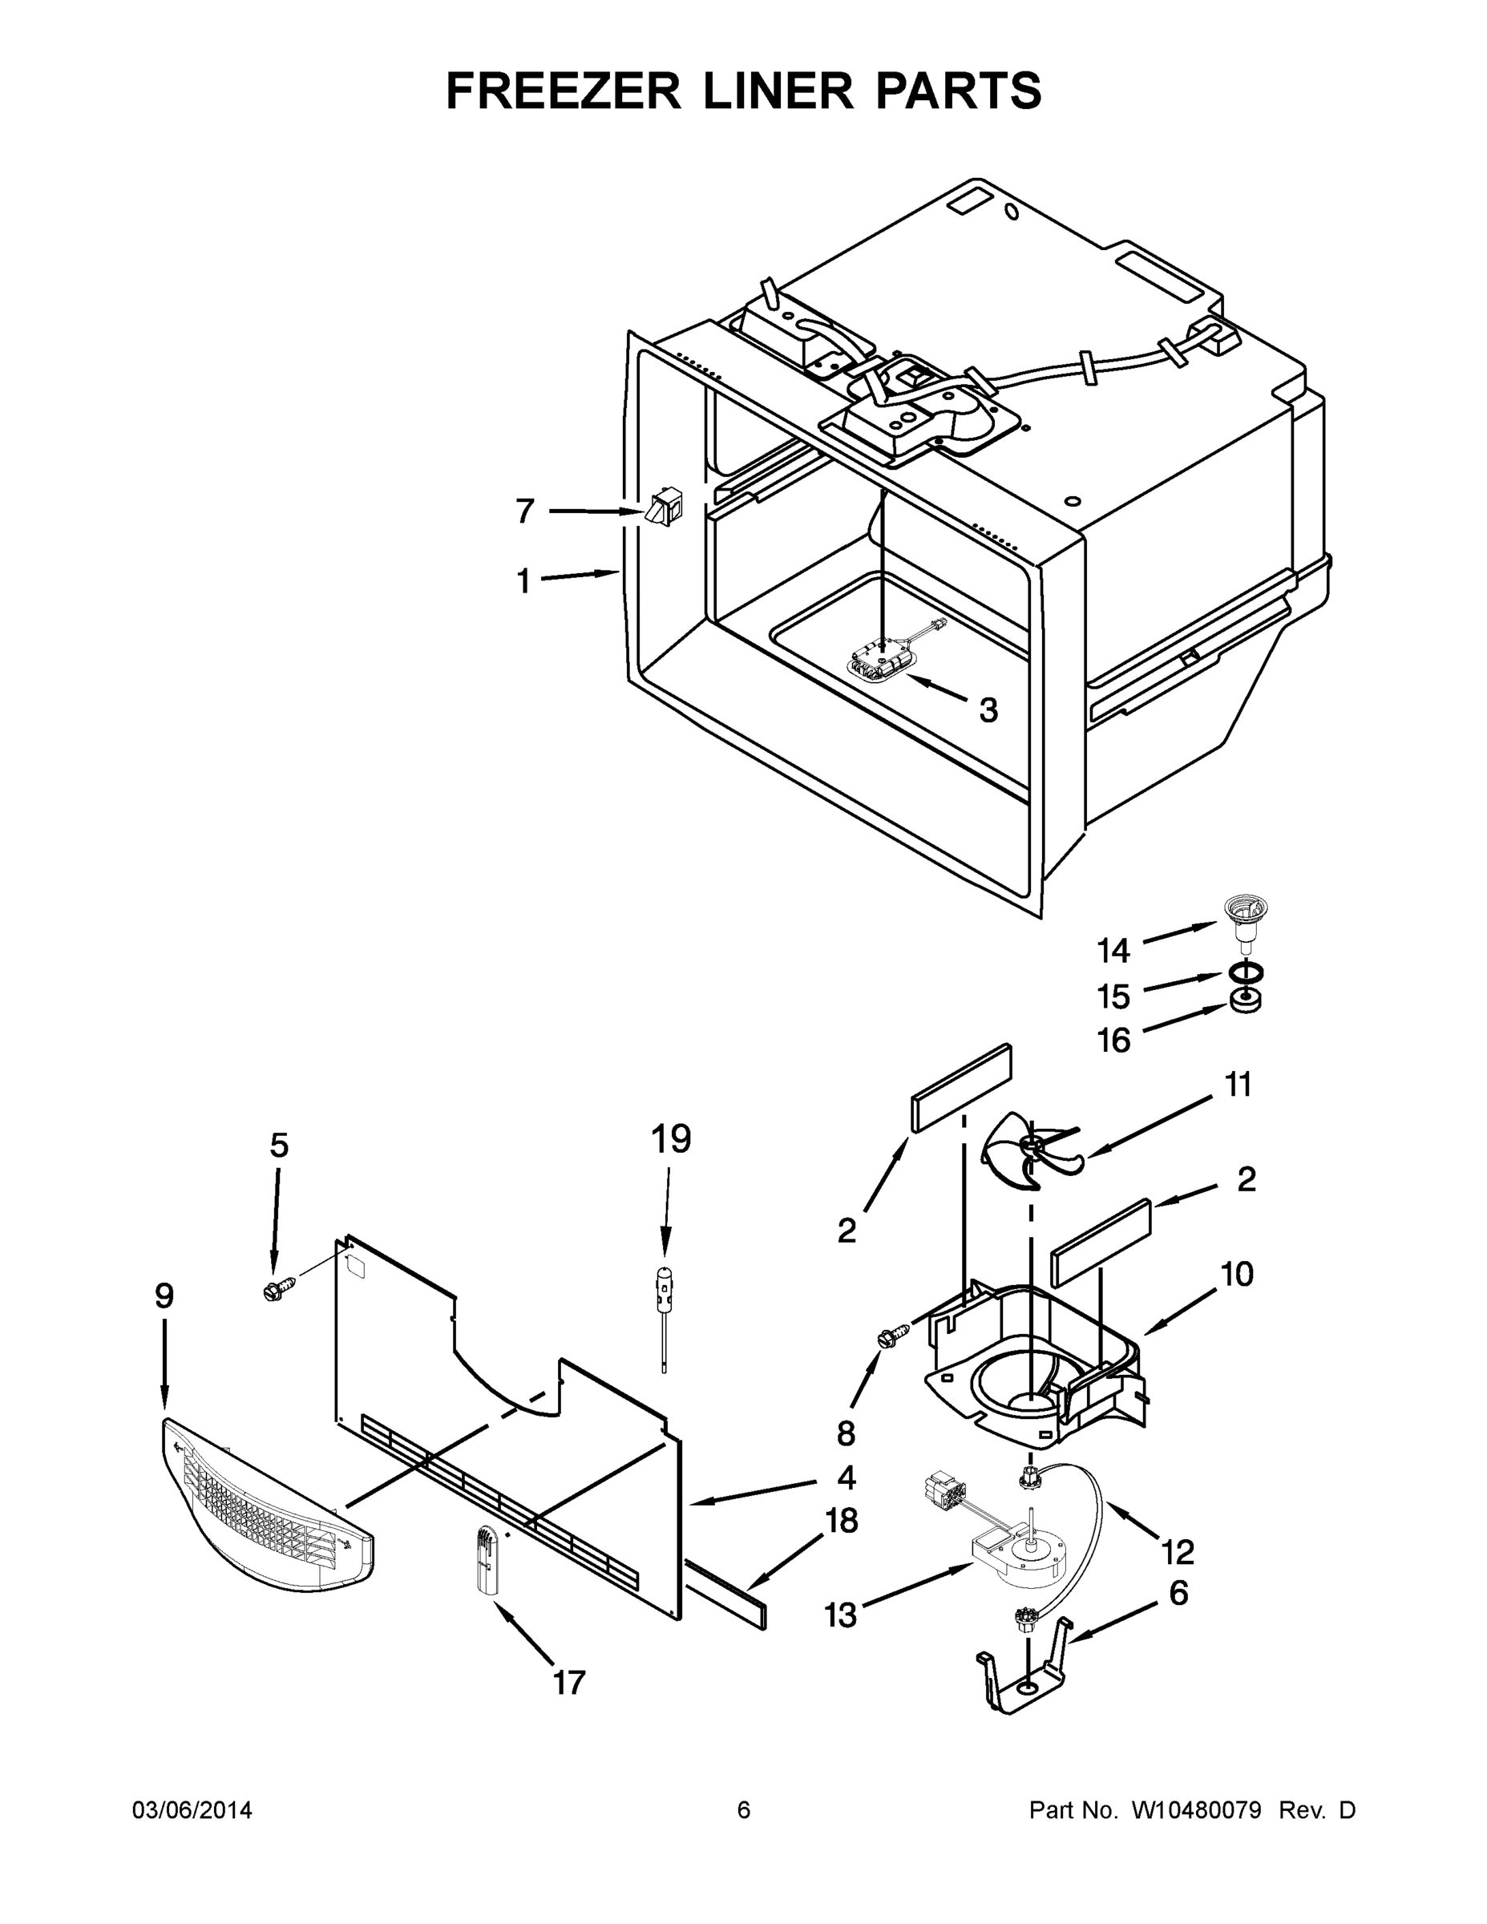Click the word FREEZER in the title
[x=564, y=91]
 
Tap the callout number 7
[x=524, y=510]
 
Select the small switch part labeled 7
[x=661, y=508]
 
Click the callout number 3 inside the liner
[x=989, y=709]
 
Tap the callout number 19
[x=670, y=1139]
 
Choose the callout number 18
[x=841, y=1521]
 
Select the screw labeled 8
[x=887, y=1338]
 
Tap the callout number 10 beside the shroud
[x=1237, y=1274]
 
